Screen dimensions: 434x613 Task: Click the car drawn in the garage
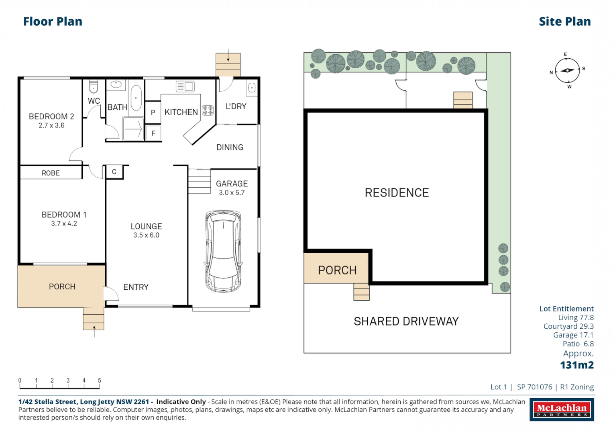223,251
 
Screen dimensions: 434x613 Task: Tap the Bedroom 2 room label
51,117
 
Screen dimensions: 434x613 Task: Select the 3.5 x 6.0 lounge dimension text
146,235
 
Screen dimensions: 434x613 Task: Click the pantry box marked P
153,113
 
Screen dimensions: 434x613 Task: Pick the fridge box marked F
153,133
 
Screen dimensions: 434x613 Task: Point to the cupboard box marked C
114,172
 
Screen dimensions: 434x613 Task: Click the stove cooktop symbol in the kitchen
208,110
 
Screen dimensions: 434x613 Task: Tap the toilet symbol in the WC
93,87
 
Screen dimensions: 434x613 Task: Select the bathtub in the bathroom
136,98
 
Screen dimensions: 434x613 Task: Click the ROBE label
51,173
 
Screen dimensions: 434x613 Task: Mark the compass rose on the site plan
567,71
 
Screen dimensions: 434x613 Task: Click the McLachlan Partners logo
562,409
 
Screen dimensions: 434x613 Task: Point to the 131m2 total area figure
576,365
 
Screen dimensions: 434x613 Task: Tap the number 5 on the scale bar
99,380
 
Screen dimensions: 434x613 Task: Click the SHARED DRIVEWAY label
406,321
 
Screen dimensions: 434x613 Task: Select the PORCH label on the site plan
337,270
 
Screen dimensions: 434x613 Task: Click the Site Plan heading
564,22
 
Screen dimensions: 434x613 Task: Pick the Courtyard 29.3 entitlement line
568,326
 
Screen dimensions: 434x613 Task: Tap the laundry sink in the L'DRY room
252,88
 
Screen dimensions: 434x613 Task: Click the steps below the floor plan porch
94,318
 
